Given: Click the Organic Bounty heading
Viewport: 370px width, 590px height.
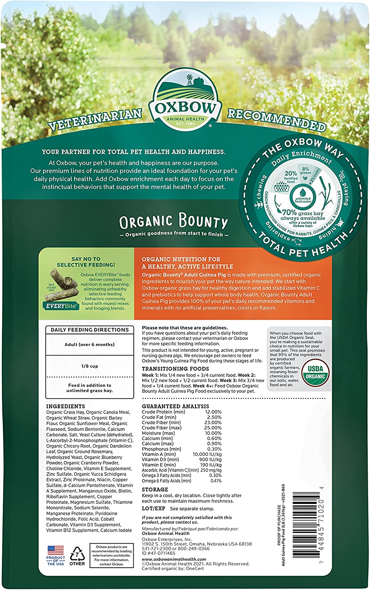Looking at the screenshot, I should coord(173,222).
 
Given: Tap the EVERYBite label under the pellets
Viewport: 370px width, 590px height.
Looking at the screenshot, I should coord(61,306).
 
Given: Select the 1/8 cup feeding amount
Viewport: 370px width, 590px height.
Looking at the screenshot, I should coord(90,366).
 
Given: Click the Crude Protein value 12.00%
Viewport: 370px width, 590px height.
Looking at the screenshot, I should coord(213,412).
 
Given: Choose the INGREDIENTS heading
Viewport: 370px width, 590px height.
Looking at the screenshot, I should coord(65,406).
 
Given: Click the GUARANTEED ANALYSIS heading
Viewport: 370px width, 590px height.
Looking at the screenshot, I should coord(175,406).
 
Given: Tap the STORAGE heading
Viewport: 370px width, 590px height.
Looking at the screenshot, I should coord(155,490).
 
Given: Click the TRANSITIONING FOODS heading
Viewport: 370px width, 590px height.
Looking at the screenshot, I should coord(175,369).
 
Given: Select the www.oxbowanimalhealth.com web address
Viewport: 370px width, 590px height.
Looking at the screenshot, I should coord(174,559).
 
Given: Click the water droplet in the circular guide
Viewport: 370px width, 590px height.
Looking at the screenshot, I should coord(302,192).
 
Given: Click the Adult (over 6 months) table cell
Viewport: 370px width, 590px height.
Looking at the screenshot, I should coord(90,345).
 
